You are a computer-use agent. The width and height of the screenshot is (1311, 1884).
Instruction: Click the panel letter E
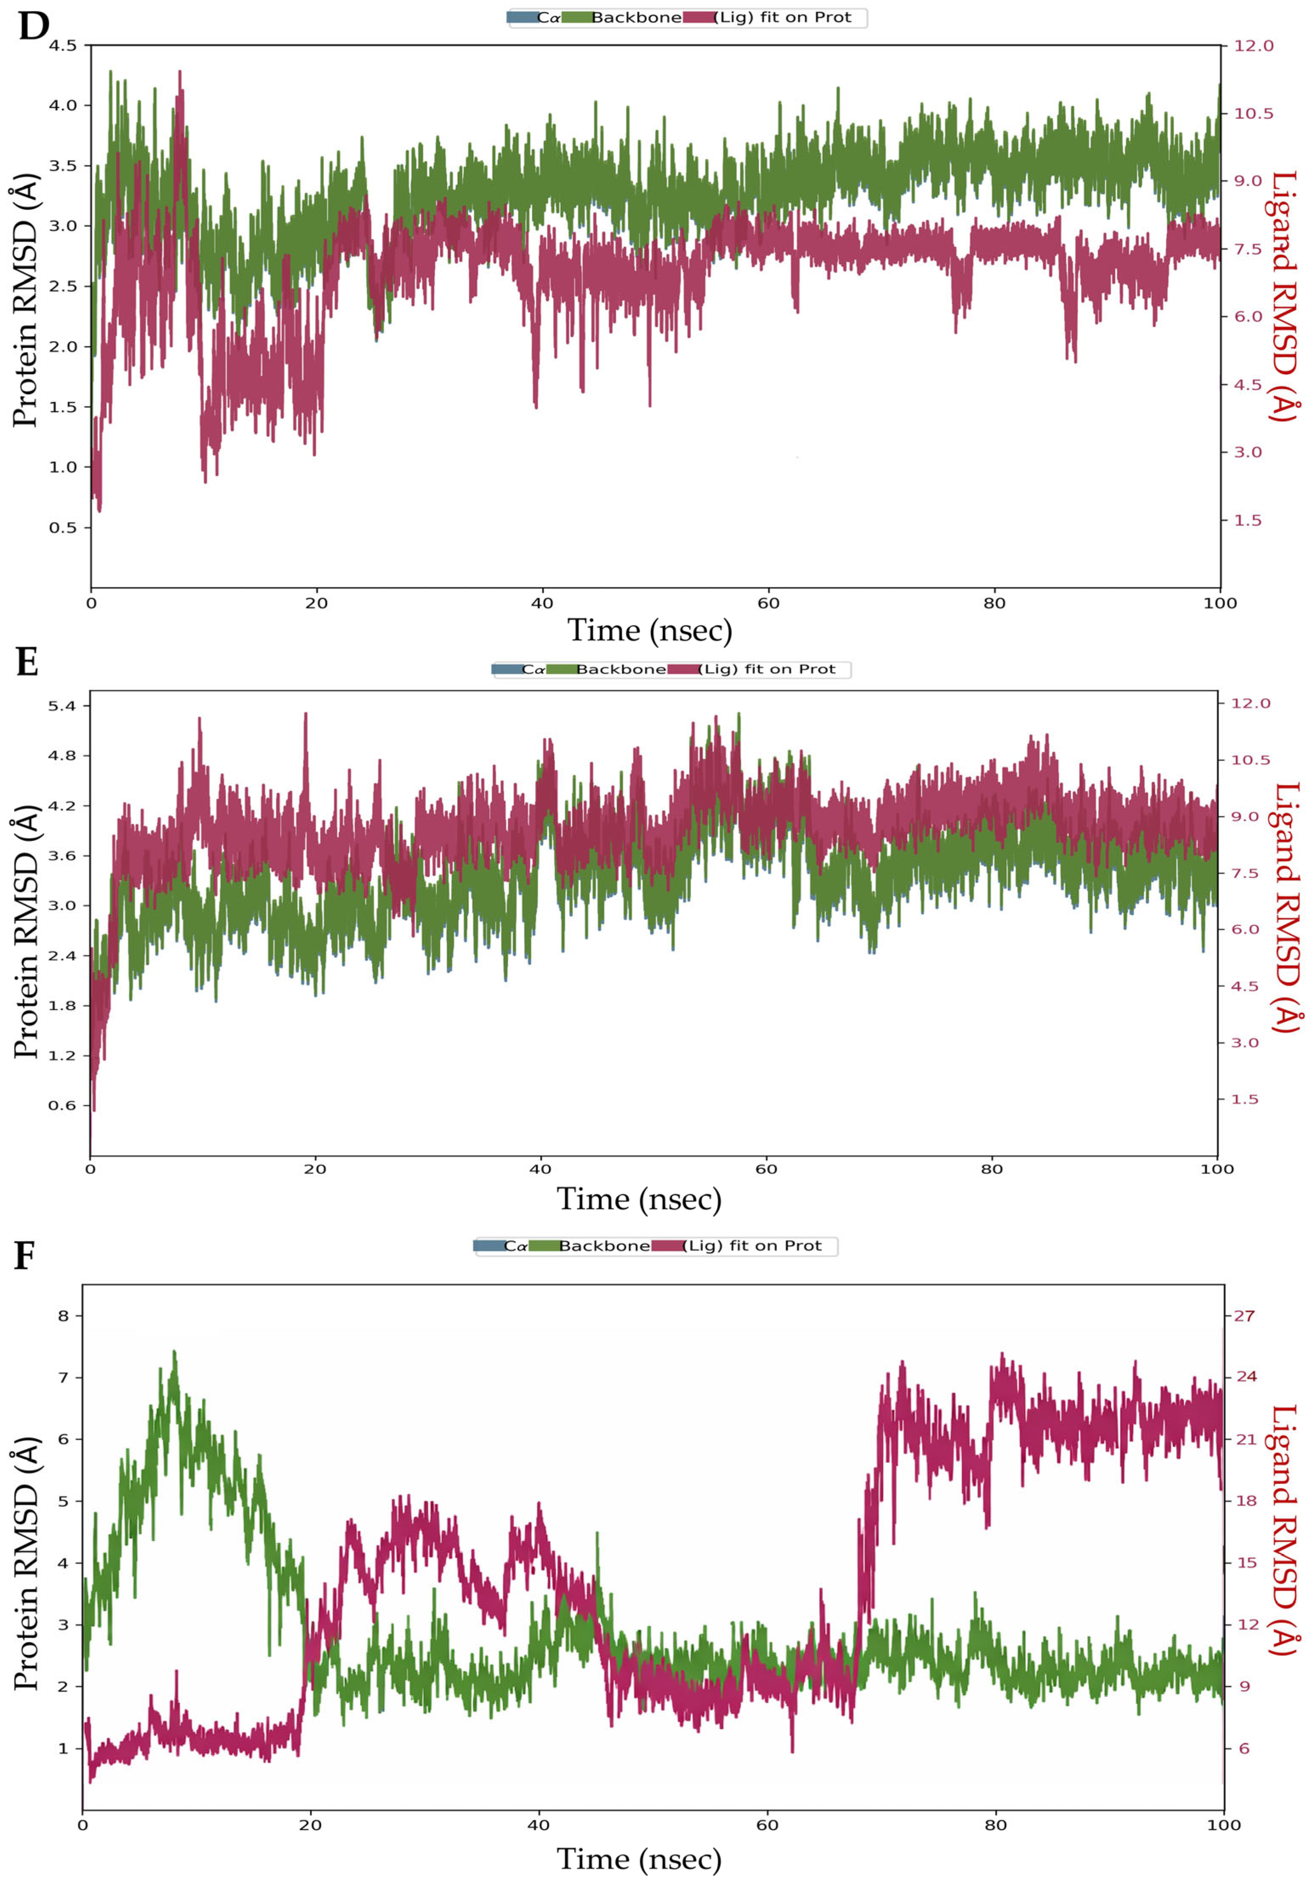(27, 662)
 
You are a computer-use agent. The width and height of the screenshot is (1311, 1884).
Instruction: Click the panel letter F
(25, 1256)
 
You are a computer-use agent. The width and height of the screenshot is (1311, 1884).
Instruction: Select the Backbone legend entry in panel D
(636, 17)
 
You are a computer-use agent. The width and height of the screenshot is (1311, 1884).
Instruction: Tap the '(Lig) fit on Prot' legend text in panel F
(752, 1246)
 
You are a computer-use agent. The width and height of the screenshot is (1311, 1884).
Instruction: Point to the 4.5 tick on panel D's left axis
(62, 46)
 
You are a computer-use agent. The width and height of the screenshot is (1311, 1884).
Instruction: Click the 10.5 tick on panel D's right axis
(1254, 113)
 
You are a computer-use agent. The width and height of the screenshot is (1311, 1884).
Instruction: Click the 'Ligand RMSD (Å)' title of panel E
(1286, 908)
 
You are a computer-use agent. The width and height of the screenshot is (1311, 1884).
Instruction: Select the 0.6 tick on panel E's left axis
(62, 1105)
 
